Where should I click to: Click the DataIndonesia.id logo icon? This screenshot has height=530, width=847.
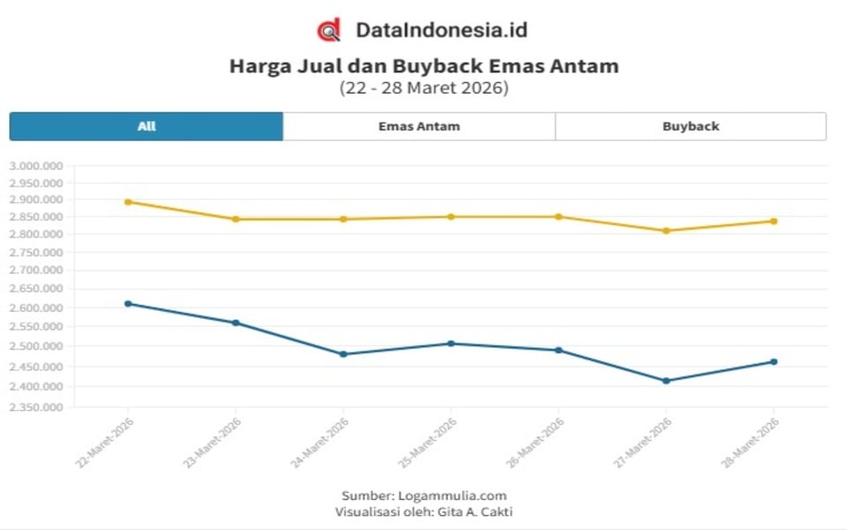coord(328,30)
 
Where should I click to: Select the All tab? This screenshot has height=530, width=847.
coord(146,126)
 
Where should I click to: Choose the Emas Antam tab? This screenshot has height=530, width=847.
coord(419,126)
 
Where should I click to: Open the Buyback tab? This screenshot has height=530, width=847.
coord(691,126)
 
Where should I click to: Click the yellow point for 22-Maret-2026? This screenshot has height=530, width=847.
coord(128,201)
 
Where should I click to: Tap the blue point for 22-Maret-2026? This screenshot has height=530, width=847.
coord(128,304)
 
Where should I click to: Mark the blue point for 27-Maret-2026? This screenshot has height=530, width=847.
coord(666,381)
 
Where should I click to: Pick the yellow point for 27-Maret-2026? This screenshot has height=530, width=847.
coord(666,231)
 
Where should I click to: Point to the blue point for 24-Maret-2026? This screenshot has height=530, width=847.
coord(343,354)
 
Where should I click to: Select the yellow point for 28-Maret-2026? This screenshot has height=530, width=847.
coord(774,221)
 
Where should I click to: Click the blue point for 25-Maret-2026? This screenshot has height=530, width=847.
coord(451,344)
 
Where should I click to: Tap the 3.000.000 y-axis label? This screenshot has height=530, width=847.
coord(35,166)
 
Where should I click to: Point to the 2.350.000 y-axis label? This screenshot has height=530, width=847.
coord(35,408)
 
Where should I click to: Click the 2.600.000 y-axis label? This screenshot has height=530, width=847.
coord(35,308)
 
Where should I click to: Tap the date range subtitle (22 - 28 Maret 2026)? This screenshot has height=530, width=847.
coord(423,88)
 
